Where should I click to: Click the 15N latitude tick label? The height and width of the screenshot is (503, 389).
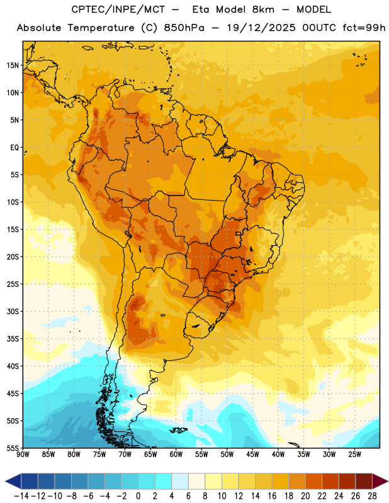13,65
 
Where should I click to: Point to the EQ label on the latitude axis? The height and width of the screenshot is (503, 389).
14,148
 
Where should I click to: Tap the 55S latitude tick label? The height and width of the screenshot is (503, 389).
13,448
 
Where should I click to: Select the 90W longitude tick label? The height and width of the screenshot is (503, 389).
23,455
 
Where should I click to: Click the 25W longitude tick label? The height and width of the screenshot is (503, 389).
354,455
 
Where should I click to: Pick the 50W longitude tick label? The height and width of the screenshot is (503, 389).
227,455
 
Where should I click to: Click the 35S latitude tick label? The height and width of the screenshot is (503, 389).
13,339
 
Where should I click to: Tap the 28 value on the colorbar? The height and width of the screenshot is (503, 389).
372,496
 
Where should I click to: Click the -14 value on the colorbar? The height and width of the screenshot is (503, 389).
21,496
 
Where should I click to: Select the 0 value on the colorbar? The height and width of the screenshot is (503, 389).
138,496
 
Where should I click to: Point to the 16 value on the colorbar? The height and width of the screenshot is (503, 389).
272,496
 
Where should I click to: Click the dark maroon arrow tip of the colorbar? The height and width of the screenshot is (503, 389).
380,481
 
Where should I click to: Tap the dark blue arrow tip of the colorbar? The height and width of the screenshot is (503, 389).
13,481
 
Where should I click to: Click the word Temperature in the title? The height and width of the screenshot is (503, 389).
101,28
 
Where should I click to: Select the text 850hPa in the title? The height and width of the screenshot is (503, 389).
184,28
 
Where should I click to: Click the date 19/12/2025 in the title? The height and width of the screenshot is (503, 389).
261,28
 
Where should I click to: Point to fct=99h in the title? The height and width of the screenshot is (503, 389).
364,28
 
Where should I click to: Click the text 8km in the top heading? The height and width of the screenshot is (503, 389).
263,9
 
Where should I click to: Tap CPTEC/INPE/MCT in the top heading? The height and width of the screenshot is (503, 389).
118,9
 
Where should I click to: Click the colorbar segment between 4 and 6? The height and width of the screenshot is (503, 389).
180,481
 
